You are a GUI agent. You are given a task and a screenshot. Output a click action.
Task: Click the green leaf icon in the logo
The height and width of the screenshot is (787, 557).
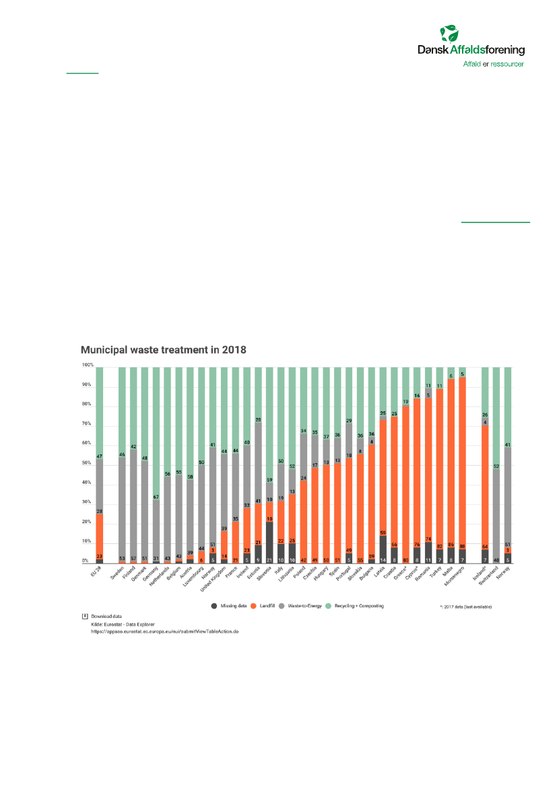[x=449, y=34]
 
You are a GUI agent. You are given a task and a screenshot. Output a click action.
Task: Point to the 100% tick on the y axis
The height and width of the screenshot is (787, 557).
[x=88, y=366]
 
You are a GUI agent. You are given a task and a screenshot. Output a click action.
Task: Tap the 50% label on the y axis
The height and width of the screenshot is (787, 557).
[x=87, y=463]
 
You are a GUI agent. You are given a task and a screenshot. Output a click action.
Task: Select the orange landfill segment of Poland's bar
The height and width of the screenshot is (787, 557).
[x=304, y=518]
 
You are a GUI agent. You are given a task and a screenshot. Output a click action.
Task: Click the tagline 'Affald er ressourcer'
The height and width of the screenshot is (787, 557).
[x=493, y=64]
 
